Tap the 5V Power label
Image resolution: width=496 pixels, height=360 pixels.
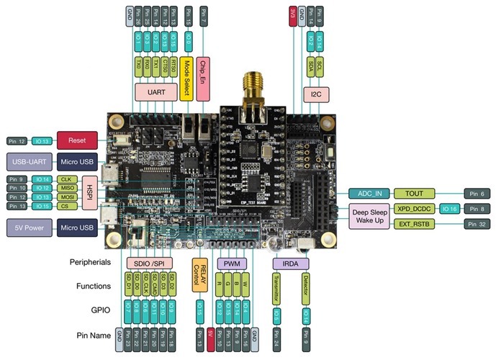point(29,228)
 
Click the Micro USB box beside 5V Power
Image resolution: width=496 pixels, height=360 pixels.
point(76,228)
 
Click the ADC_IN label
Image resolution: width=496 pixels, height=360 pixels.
point(370,193)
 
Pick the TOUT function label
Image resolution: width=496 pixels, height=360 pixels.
point(415,193)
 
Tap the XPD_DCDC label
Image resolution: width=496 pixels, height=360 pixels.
point(415,209)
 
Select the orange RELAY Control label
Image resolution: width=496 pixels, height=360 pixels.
point(199,274)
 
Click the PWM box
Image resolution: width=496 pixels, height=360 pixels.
point(230,264)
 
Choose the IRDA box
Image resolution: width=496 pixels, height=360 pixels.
point(289,264)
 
